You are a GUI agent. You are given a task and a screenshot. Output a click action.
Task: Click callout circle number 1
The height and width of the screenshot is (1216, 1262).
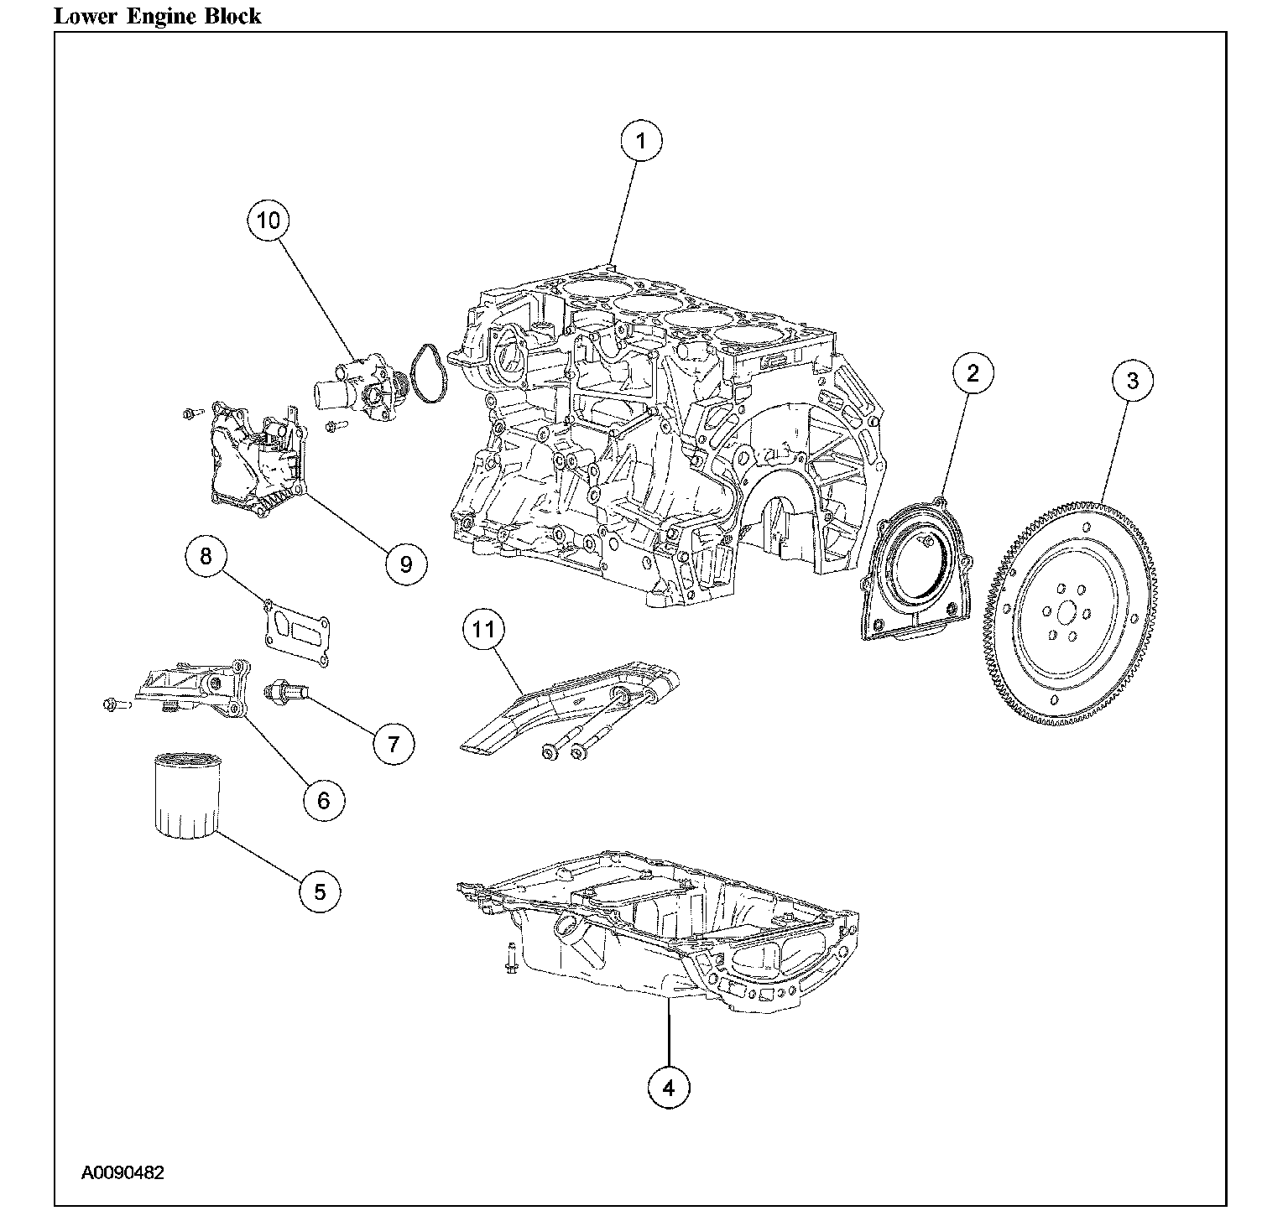641,142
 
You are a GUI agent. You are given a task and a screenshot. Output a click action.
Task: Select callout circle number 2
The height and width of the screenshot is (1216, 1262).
973,373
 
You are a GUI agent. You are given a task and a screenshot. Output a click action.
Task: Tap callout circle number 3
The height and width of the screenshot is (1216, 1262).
1133,381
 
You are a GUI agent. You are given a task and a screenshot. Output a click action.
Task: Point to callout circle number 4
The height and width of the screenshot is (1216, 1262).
669,1089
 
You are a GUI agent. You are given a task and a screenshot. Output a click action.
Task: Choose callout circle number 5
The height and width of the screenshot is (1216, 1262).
320,891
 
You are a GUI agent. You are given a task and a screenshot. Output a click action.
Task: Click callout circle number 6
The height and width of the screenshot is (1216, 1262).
324,800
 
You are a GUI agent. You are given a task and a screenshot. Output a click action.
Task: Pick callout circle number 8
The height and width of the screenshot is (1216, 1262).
206,556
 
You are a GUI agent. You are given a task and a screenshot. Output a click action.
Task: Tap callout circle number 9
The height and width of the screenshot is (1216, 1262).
406,564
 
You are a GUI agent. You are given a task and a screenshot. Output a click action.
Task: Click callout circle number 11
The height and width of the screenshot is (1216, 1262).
483,631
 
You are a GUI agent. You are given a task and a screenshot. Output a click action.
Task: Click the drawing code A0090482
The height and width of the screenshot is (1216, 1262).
123,1172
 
